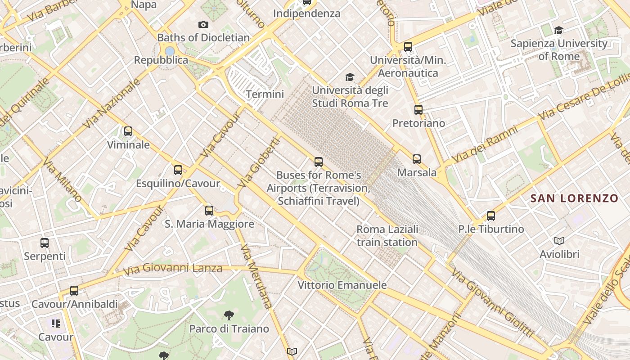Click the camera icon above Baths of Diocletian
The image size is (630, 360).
(x=203, y=25)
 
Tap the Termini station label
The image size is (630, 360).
(x=265, y=94)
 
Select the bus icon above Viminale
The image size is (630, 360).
(x=128, y=131)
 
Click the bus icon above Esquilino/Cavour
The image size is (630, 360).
(x=178, y=170)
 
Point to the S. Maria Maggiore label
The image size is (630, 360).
(x=209, y=224)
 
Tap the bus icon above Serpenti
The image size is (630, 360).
(x=45, y=243)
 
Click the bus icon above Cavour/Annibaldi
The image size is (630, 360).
(x=74, y=291)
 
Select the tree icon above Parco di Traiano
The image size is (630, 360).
(x=229, y=315)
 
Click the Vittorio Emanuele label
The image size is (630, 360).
(x=342, y=285)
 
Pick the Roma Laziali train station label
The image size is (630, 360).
(x=387, y=236)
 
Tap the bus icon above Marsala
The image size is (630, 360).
(x=417, y=159)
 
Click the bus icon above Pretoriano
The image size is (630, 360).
(x=418, y=109)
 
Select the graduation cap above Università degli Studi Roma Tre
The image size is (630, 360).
(x=350, y=77)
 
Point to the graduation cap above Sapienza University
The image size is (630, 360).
(x=559, y=30)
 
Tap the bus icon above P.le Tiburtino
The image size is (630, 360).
(x=491, y=216)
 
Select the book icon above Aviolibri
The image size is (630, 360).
(x=559, y=241)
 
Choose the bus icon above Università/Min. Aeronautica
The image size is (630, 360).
(x=408, y=46)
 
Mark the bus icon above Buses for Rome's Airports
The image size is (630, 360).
(x=319, y=162)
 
